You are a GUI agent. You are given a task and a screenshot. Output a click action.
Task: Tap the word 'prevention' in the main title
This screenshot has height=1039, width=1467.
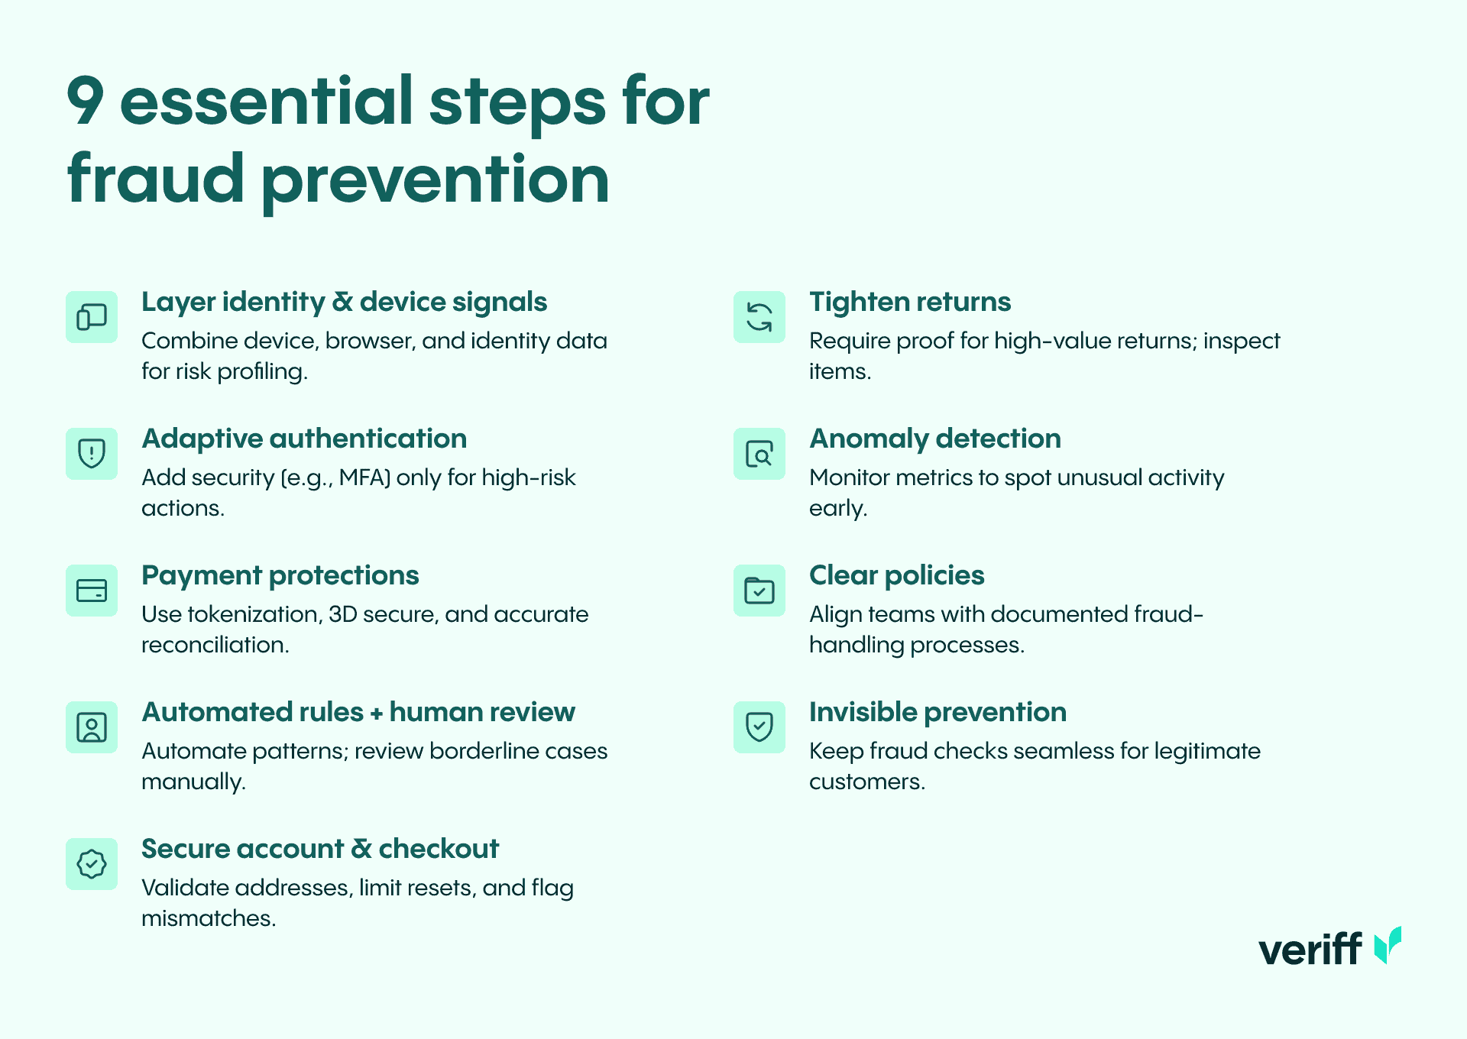(435, 180)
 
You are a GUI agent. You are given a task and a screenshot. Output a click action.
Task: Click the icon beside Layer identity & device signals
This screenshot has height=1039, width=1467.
(92, 317)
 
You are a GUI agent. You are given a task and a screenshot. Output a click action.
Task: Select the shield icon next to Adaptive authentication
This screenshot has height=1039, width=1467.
(92, 454)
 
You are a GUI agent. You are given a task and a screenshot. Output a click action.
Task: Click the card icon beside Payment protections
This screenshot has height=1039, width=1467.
(92, 591)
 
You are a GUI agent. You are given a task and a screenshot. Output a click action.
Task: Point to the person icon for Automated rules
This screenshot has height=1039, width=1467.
(92, 727)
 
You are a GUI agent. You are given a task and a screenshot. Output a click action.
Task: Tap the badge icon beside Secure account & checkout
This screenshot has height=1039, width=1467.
(92, 864)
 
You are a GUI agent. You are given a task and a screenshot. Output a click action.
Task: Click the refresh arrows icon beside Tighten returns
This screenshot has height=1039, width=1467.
(759, 317)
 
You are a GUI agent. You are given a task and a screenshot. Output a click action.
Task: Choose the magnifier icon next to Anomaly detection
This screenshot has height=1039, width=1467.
(759, 454)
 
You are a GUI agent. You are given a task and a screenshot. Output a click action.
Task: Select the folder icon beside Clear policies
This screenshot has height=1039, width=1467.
(759, 591)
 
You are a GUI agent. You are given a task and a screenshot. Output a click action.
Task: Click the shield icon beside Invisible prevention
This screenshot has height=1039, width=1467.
(759, 727)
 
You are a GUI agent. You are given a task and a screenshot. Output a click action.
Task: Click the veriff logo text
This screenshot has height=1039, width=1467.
(1310, 949)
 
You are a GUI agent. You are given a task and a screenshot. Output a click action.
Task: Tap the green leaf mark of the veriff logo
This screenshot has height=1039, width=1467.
(1388, 946)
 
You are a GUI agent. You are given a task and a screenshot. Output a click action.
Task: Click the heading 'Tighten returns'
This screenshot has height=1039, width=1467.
(910, 302)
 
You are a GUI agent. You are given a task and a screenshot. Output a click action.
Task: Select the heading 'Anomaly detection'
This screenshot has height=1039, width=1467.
(935, 439)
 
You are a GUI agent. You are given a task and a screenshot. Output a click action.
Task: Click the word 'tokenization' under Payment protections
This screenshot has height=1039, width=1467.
(254, 614)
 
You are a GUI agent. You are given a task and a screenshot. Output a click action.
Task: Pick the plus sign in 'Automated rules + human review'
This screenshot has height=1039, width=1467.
(377, 714)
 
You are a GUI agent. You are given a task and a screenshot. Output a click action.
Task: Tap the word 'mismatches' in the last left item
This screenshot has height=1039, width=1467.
(209, 918)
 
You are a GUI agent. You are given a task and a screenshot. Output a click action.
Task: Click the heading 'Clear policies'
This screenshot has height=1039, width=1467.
(897, 575)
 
